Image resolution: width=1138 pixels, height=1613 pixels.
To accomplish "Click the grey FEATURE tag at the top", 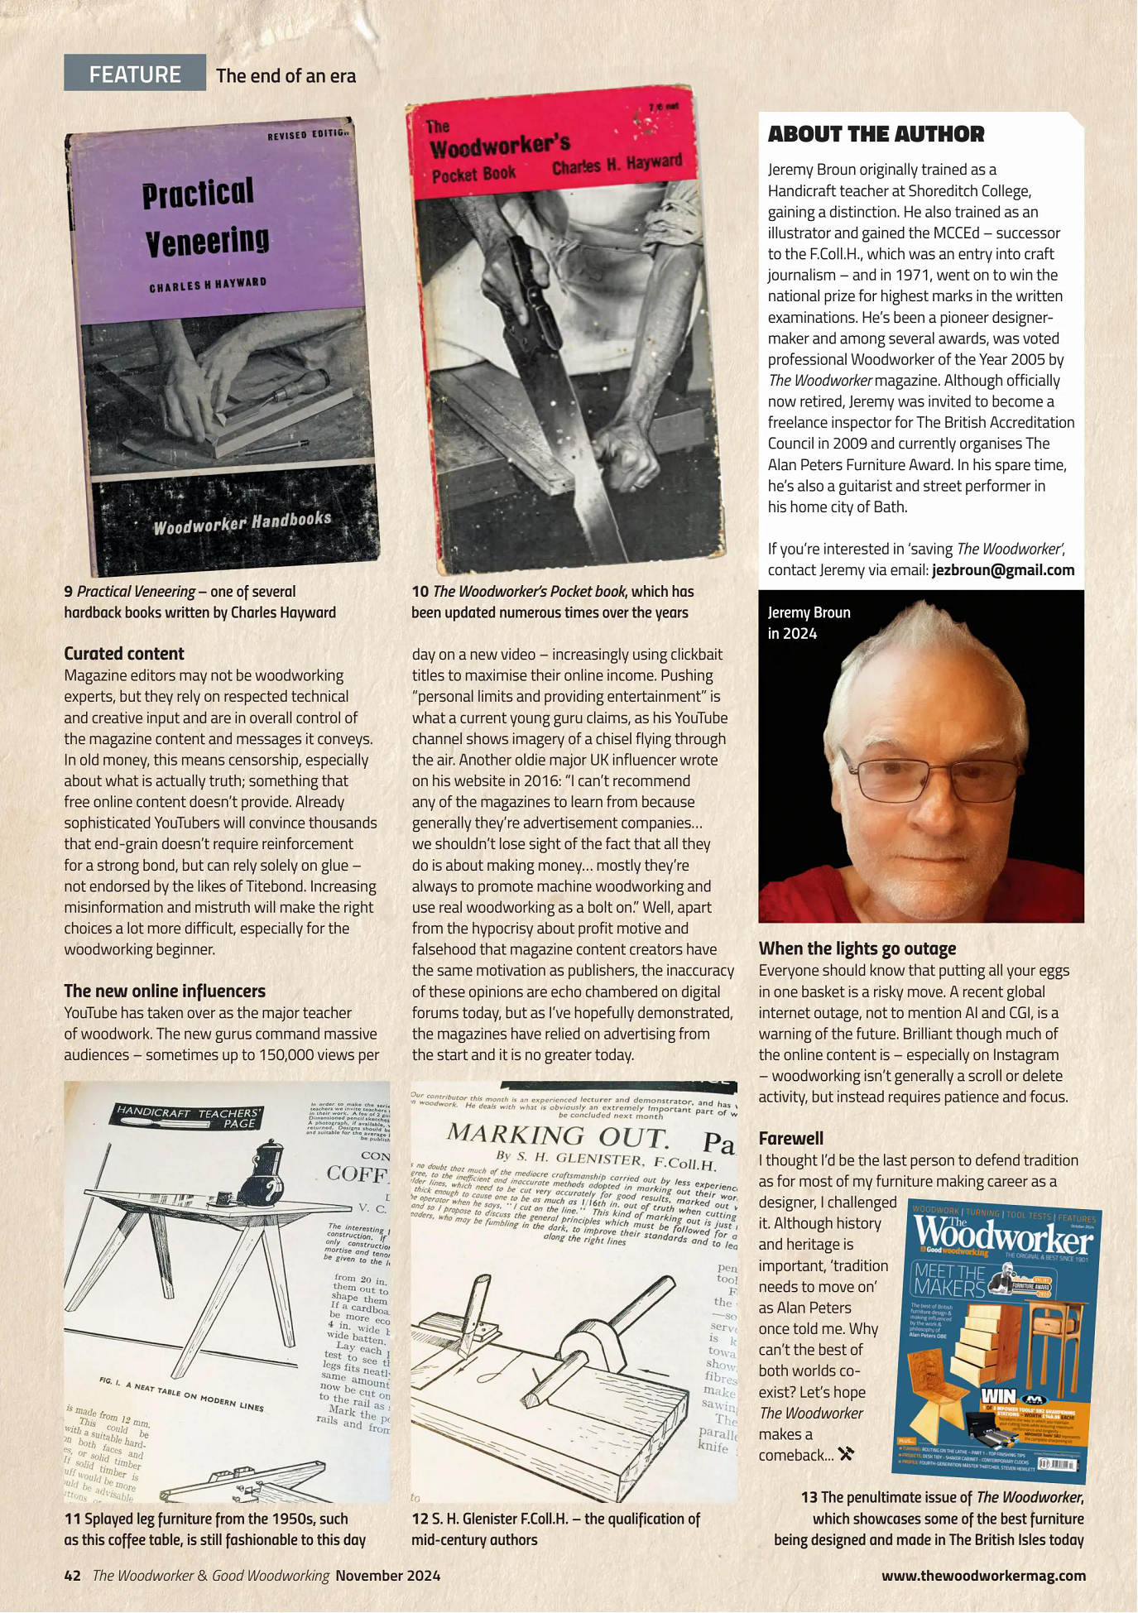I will [x=135, y=74].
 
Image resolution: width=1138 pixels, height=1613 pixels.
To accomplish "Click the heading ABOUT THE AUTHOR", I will [x=876, y=134].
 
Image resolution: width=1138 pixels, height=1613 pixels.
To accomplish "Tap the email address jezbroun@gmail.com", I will [x=1002, y=570].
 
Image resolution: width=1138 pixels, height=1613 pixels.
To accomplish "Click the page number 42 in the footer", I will [x=72, y=1575].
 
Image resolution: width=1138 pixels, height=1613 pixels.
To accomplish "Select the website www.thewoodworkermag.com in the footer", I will [x=982, y=1575].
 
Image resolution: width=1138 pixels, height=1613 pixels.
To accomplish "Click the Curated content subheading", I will [x=124, y=654].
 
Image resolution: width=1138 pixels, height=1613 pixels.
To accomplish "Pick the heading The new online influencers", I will [x=165, y=991].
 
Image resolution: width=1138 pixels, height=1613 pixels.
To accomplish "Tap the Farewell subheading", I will [x=790, y=1138].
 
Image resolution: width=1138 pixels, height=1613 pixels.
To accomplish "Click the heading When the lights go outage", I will [x=857, y=948].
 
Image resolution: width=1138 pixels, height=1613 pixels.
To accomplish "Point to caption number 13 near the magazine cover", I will [x=809, y=1497].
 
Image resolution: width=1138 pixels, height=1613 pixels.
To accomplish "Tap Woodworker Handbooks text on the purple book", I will [x=242, y=522].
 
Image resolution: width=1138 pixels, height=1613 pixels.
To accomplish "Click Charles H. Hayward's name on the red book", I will [x=617, y=165].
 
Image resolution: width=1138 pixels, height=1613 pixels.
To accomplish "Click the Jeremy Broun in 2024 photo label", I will [x=809, y=622].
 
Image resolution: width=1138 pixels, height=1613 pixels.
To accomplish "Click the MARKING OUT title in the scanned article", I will [x=556, y=1135].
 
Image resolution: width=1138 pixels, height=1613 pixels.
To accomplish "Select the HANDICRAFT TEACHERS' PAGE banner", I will [x=188, y=1118].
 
